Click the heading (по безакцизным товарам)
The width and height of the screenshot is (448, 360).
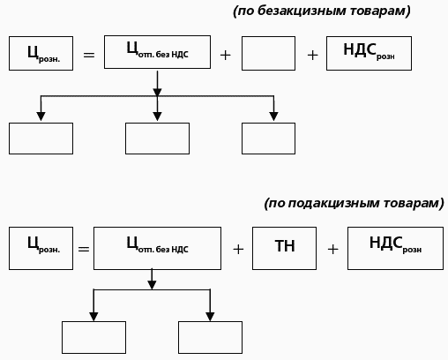[x=322, y=11]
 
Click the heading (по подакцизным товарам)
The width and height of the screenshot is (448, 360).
[x=354, y=203]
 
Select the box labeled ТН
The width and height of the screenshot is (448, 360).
[x=285, y=248]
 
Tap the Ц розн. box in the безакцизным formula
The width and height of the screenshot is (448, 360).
[x=41, y=53]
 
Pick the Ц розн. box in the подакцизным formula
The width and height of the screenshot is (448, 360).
[x=41, y=248]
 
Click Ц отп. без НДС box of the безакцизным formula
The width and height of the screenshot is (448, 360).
[x=157, y=52]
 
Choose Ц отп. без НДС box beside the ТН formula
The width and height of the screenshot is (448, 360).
[x=157, y=248]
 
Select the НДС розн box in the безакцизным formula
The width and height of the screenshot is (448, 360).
[x=369, y=53]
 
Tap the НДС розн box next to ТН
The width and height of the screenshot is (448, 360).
[x=394, y=248]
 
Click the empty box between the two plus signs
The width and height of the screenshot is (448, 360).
[x=268, y=53]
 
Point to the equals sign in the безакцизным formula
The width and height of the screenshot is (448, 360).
[x=88, y=55]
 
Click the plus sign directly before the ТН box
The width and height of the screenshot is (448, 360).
[x=237, y=249]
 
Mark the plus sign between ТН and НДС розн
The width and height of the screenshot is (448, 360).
[x=332, y=249]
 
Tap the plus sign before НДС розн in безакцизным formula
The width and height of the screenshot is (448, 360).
[x=312, y=55]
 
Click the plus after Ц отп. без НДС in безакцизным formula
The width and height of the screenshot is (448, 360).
[x=225, y=55]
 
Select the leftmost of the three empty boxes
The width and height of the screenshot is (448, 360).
[x=41, y=139]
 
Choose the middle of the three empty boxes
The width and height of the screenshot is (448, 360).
[x=157, y=139]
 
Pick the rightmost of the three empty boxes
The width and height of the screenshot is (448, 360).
[x=268, y=139]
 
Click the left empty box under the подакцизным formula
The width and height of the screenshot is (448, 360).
[x=93, y=337]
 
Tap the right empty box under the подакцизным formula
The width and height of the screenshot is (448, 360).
[x=210, y=337]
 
